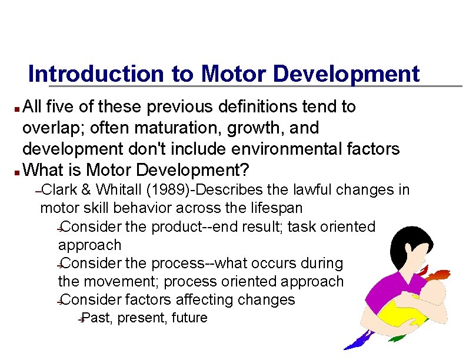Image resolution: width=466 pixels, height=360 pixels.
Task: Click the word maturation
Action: click(x=177, y=128)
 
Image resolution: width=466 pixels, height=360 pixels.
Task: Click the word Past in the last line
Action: click(x=97, y=318)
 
